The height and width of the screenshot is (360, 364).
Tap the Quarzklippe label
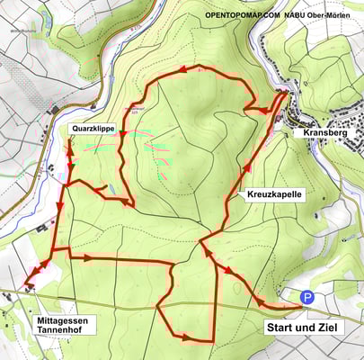point(93,130)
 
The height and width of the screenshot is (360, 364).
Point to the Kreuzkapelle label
point(273,194)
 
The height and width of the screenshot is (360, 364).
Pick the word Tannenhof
point(65,332)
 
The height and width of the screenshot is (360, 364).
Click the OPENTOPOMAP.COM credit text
point(243,16)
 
